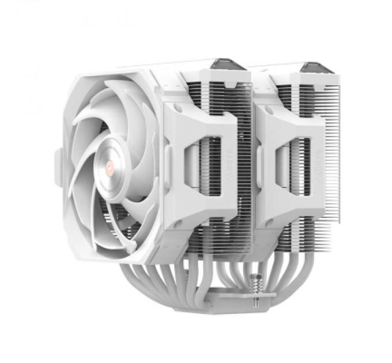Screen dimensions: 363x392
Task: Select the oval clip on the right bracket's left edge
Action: point(259,167)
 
